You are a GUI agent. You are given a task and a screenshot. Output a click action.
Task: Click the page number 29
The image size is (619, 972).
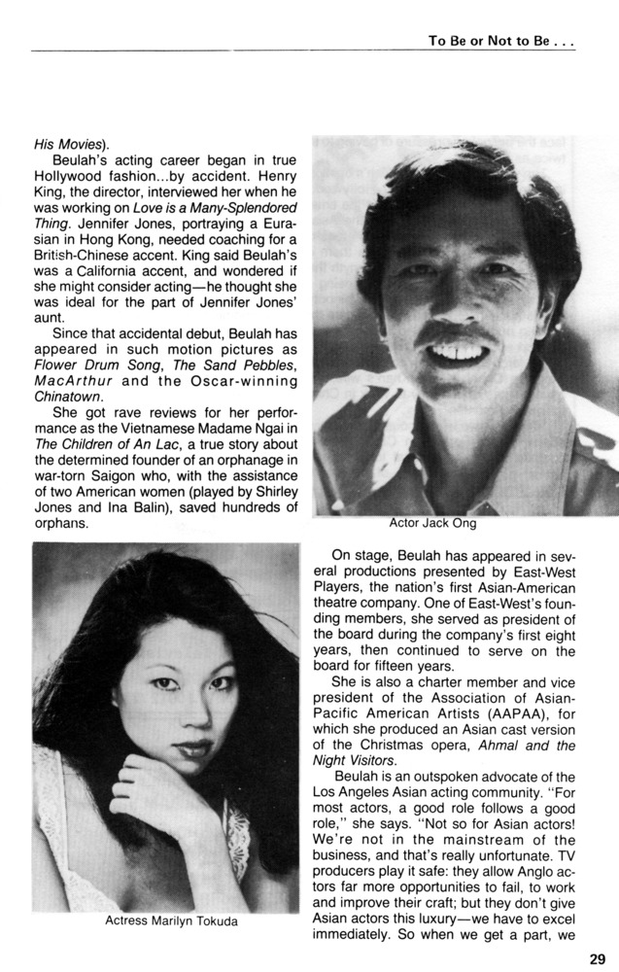(x=597, y=958)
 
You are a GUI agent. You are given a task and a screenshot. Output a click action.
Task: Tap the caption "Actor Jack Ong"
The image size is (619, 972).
(x=431, y=522)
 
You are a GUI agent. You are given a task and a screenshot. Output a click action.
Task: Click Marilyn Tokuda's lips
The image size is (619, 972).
(x=193, y=748)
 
